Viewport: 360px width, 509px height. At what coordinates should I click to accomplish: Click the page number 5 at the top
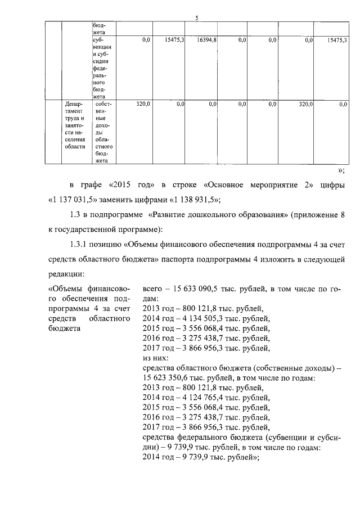click(x=197, y=18)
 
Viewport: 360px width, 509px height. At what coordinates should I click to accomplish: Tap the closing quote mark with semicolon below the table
click(x=340, y=170)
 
